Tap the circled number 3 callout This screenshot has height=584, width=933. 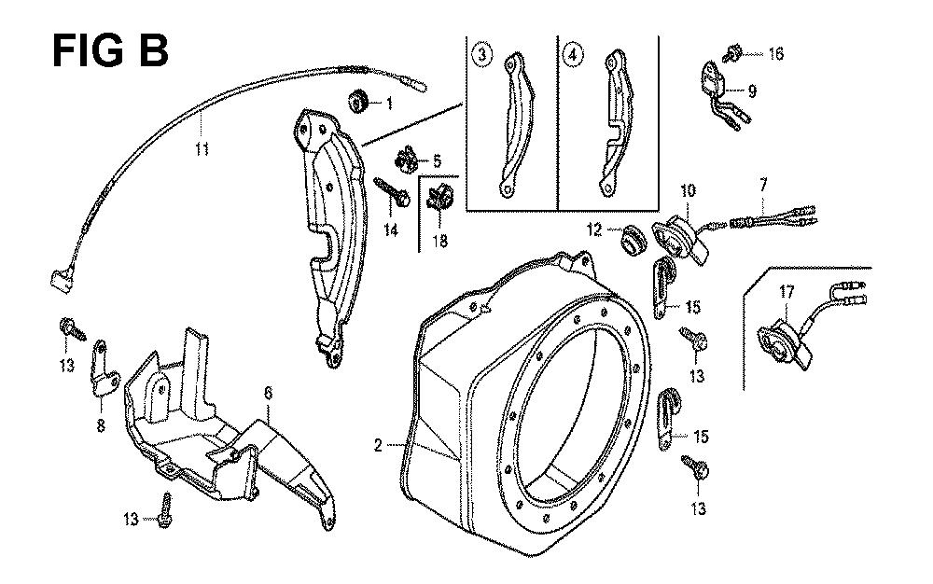481,54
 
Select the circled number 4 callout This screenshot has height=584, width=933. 572,54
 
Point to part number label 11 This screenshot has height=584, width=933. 201,147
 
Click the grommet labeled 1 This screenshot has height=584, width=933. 356,100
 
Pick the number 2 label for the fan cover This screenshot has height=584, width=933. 378,446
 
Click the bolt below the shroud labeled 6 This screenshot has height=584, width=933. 167,508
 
